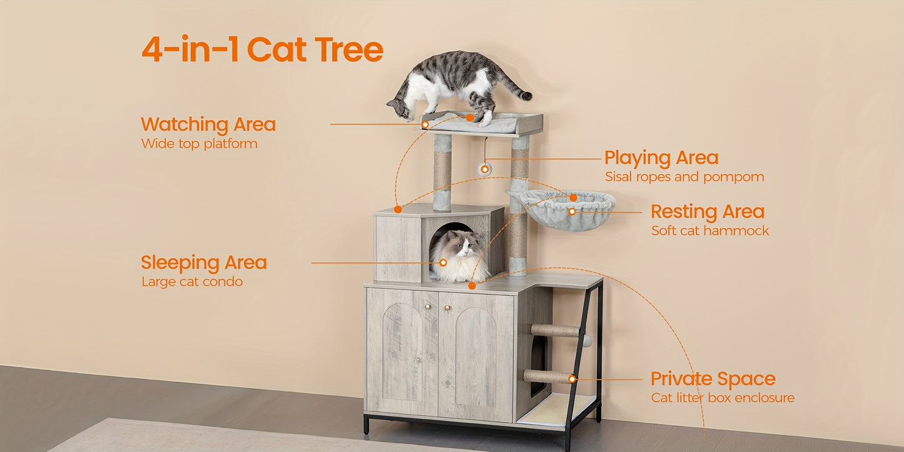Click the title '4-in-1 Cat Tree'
point(262,49)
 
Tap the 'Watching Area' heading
point(208,124)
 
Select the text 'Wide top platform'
point(199,144)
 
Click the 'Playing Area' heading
point(661,158)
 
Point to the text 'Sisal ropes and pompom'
point(684,177)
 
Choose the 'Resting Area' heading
point(708,211)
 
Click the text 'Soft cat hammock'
point(710,231)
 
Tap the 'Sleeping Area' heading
point(203,263)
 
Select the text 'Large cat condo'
point(192,282)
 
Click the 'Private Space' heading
point(713,379)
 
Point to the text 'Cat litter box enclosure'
point(723,398)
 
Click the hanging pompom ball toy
point(484,168)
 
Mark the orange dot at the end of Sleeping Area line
point(443,263)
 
